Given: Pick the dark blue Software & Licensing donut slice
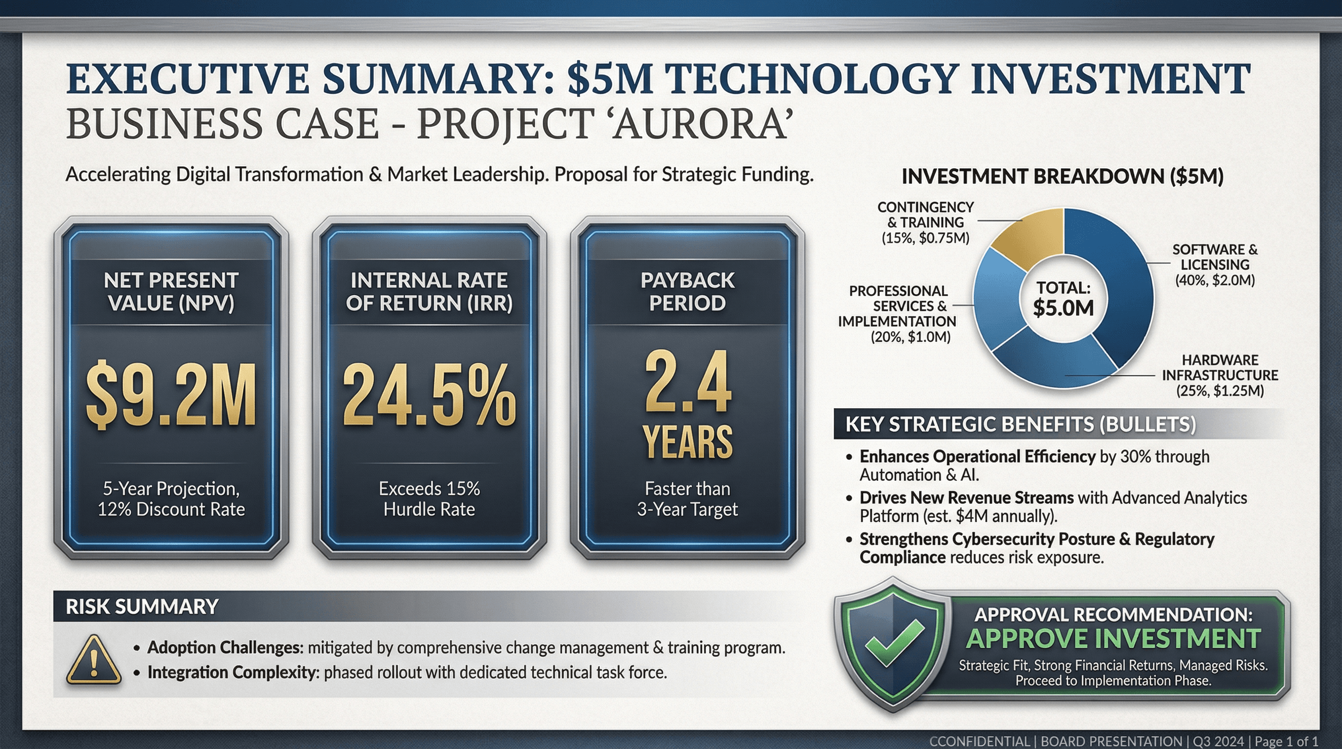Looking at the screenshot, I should (x=1120, y=292).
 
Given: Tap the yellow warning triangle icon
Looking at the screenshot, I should (x=94, y=660).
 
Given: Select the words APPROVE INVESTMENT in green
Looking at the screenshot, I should (x=1113, y=639).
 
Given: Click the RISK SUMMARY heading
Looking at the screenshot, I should (x=142, y=607).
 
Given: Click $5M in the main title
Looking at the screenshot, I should (x=610, y=79).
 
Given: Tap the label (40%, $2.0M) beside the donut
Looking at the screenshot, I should (x=1215, y=280).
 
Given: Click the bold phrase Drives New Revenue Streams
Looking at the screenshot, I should (x=967, y=498).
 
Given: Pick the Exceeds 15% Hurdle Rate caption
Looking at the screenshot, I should (x=429, y=498).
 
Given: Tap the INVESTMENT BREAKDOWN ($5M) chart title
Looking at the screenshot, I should (x=1062, y=176).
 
